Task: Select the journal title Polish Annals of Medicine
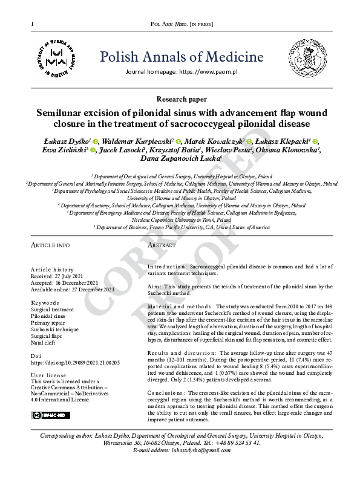(182, 57)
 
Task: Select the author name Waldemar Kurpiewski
(140, 140)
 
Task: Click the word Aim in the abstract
(152, 288)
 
